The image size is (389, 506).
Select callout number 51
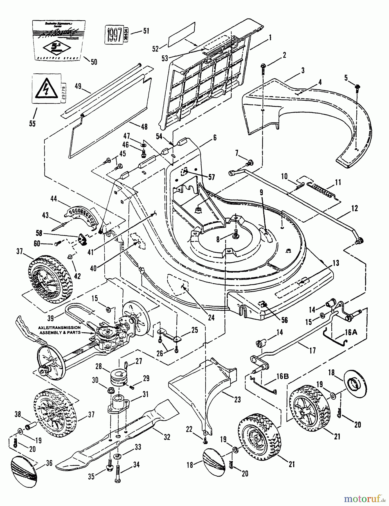tap(146, 31)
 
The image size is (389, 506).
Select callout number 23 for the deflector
tap(237, 399)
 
